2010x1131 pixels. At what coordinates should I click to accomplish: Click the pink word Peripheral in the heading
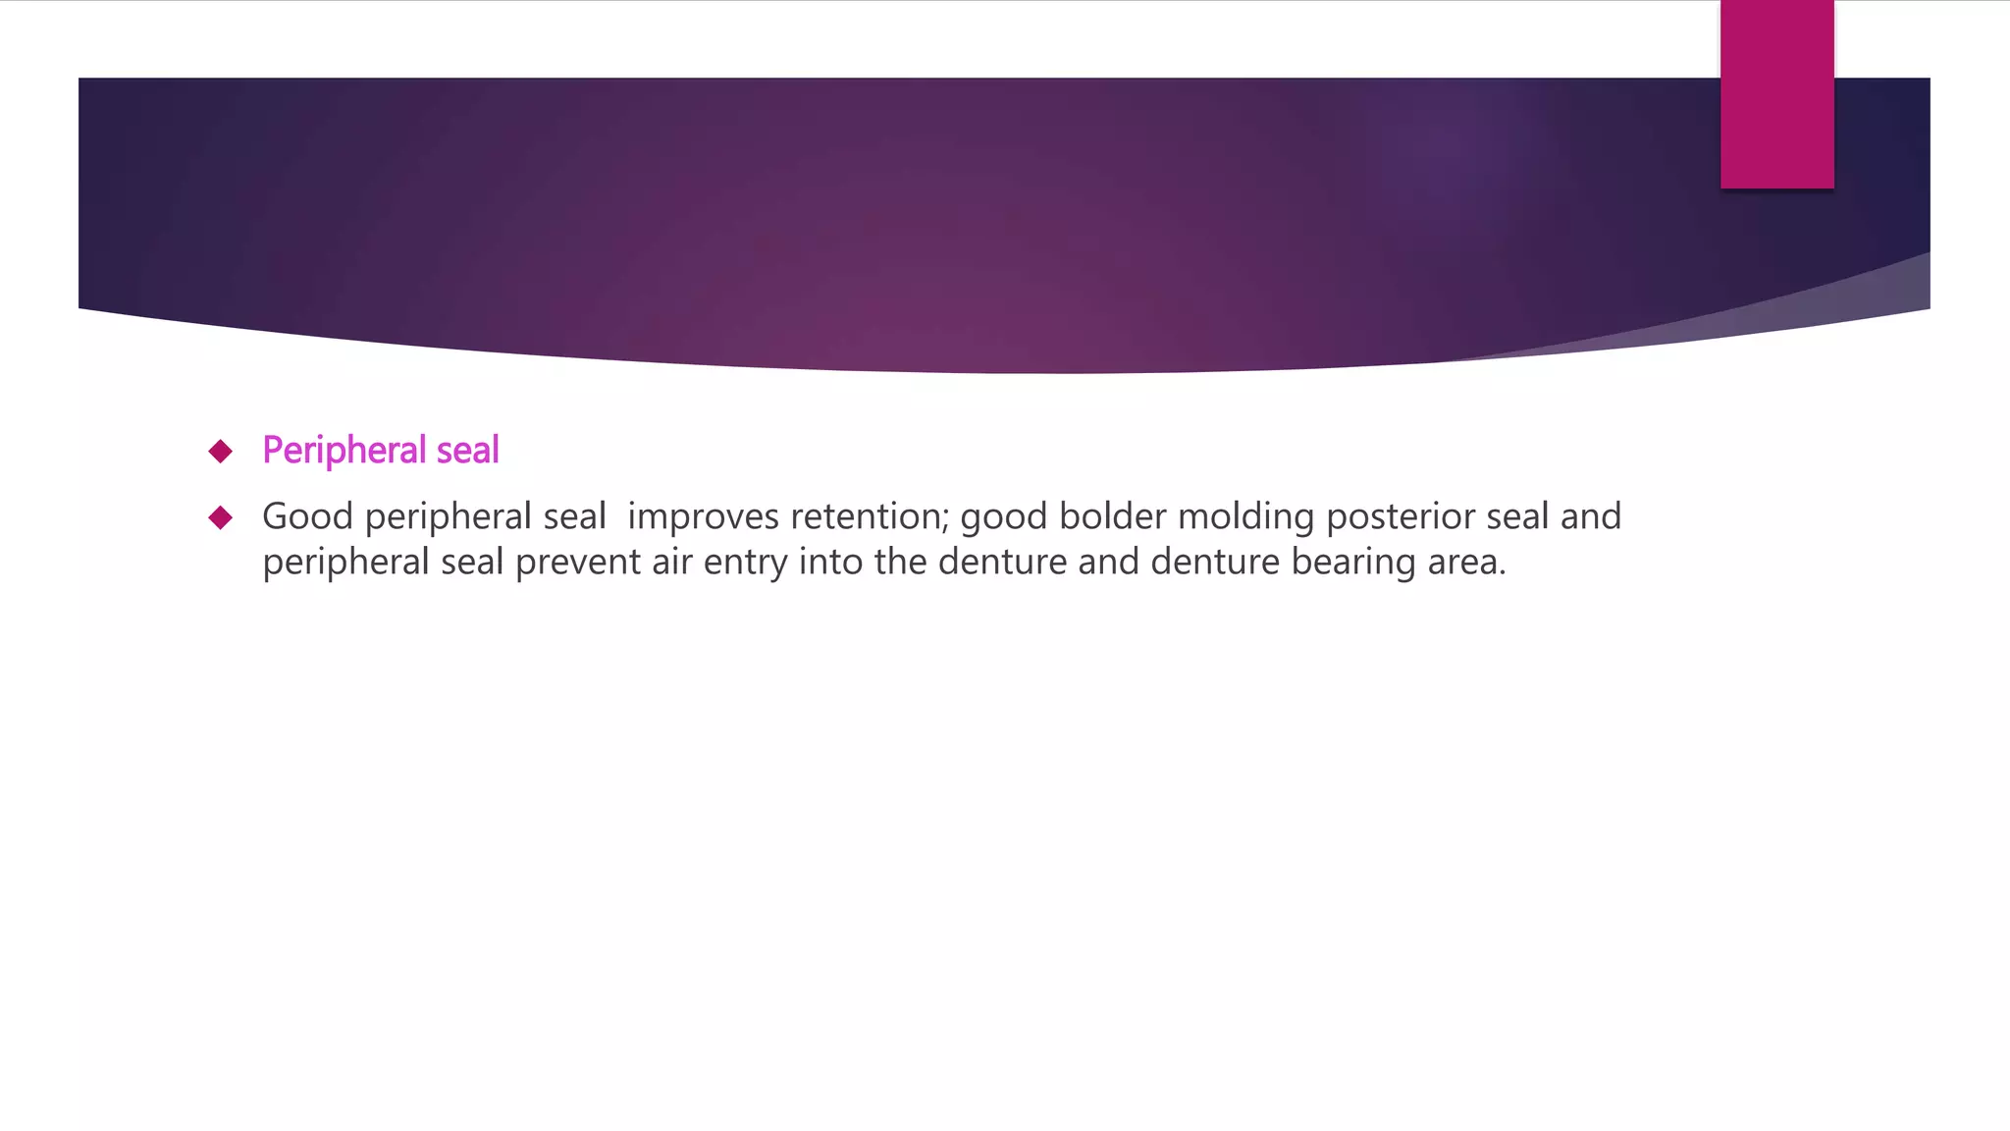click(344, 451)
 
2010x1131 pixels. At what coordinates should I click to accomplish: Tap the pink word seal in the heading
click(467, 451)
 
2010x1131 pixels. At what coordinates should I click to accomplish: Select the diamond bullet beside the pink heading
click(221, 451)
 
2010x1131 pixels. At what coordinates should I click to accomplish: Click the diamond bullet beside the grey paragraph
click(221, 517)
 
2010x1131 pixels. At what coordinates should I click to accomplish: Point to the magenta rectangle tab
click(1776, 94)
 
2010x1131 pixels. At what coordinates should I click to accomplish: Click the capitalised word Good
click(307, 516)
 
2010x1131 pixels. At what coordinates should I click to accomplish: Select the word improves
click(704, 516)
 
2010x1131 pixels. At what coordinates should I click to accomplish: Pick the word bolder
click(1112, 516)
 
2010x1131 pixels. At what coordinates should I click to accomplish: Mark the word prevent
click(578, 563)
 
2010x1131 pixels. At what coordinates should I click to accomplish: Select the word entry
click(745, 563)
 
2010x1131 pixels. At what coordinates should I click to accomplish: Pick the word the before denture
click(901, 563)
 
